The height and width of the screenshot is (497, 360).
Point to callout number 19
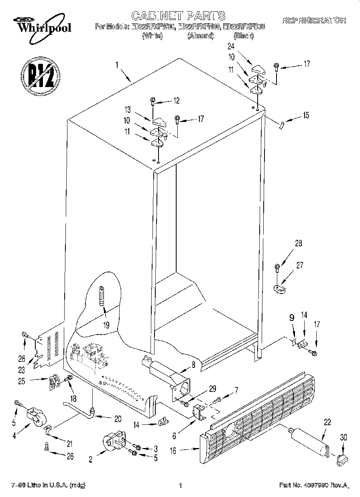(106, 325)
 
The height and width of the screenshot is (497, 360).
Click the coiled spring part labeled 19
(102, 295)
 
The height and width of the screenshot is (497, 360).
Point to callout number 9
(292, 317)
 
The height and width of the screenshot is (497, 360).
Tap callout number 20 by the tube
(118, 418)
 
